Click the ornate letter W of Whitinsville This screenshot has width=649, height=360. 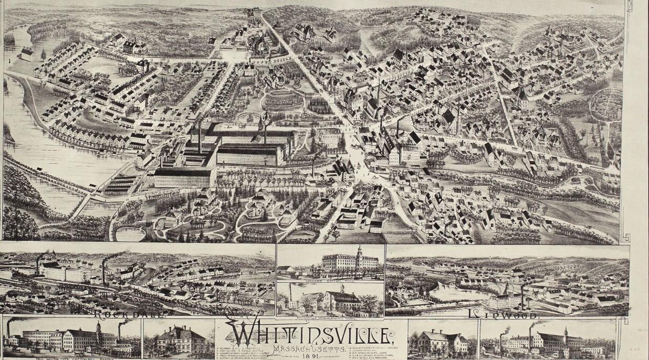[x=242, y=332]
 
